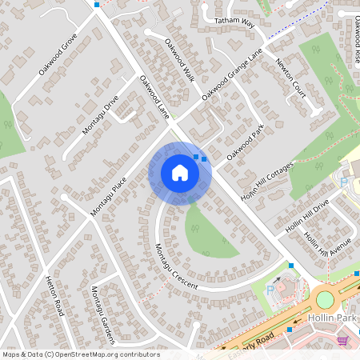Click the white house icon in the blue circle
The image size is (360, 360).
(179, 173)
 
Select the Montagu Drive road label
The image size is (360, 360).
(100, 115)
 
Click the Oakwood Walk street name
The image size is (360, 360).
(180, 60)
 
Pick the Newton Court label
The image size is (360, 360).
(290, 77)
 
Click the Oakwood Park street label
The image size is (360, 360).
(245, 142)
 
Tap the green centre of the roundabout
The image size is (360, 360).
(325, 299)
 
